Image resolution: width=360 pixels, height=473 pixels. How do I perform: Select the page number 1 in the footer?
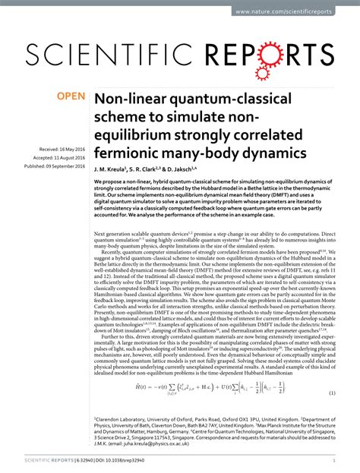334,461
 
